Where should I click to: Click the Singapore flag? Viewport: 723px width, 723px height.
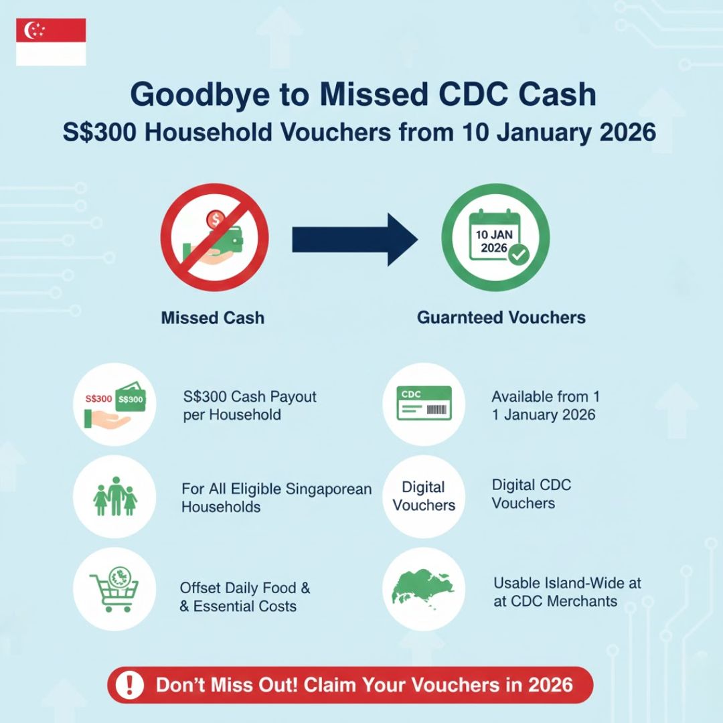tap(51, 42)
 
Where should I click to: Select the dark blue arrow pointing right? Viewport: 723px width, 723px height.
tap(355, 241)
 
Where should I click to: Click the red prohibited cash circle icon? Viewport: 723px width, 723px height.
tap(215, 241)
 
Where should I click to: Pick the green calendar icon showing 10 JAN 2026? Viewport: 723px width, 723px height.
tap(495, 241)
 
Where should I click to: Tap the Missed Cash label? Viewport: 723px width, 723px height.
tap(213, 317)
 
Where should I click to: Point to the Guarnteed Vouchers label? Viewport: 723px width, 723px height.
tap(501, 317)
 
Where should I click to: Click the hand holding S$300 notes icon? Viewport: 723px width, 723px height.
tap(114, 404)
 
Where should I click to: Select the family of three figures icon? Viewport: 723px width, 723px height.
tap(114, 496)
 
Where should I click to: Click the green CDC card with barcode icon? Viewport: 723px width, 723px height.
tap(424, 404)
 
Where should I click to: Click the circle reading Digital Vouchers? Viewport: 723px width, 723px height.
tap(424, 496)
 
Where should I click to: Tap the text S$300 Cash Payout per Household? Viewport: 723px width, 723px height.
tap(249, 406)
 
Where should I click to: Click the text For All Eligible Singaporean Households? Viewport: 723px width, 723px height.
tap(276, 497)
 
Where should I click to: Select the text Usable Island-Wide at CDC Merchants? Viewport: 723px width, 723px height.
tap(567, 592)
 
